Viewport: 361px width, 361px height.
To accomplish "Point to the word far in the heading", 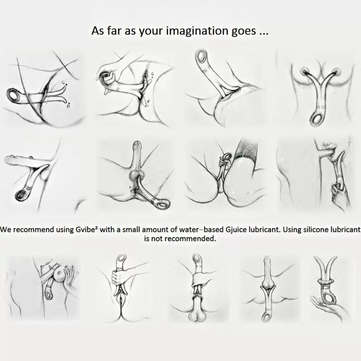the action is [x=114, y=31].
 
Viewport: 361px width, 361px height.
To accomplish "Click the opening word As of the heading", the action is [x=97, y=31].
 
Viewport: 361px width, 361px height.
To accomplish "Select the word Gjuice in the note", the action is [x=234, y=230].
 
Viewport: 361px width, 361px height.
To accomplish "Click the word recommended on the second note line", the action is [x=190, y=239].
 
